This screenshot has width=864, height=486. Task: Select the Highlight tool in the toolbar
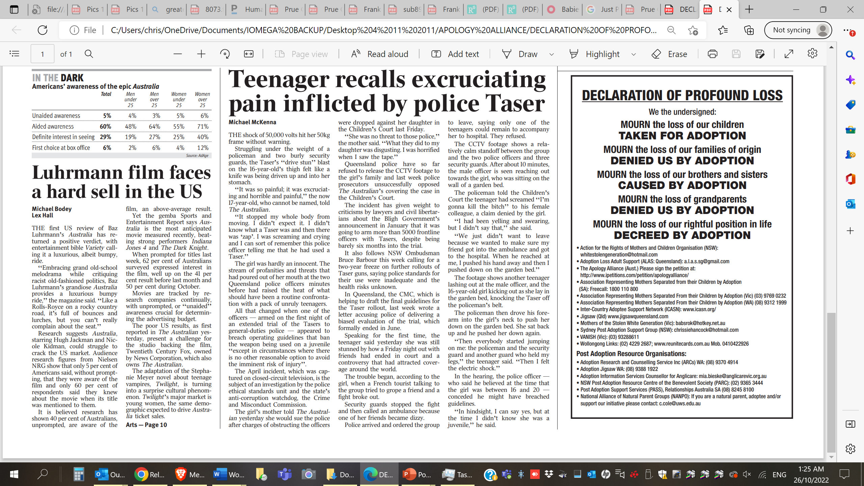595,54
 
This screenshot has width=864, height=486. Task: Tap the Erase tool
670,54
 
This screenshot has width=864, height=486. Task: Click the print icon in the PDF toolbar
712,54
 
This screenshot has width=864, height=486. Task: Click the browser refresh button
43,30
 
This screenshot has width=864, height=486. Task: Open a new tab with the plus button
749,9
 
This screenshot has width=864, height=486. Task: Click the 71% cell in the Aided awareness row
202,126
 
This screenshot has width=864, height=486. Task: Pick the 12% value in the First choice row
202,147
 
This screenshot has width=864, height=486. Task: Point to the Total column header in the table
106,94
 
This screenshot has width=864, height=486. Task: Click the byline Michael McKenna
252,122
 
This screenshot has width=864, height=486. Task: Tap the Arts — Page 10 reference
146,425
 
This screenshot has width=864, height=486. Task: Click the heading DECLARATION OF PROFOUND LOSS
682,96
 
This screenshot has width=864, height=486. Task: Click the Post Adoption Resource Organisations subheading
631,354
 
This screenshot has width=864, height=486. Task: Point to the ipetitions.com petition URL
634,275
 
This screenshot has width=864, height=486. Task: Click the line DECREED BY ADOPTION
682,235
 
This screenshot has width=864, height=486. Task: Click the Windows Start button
14,475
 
